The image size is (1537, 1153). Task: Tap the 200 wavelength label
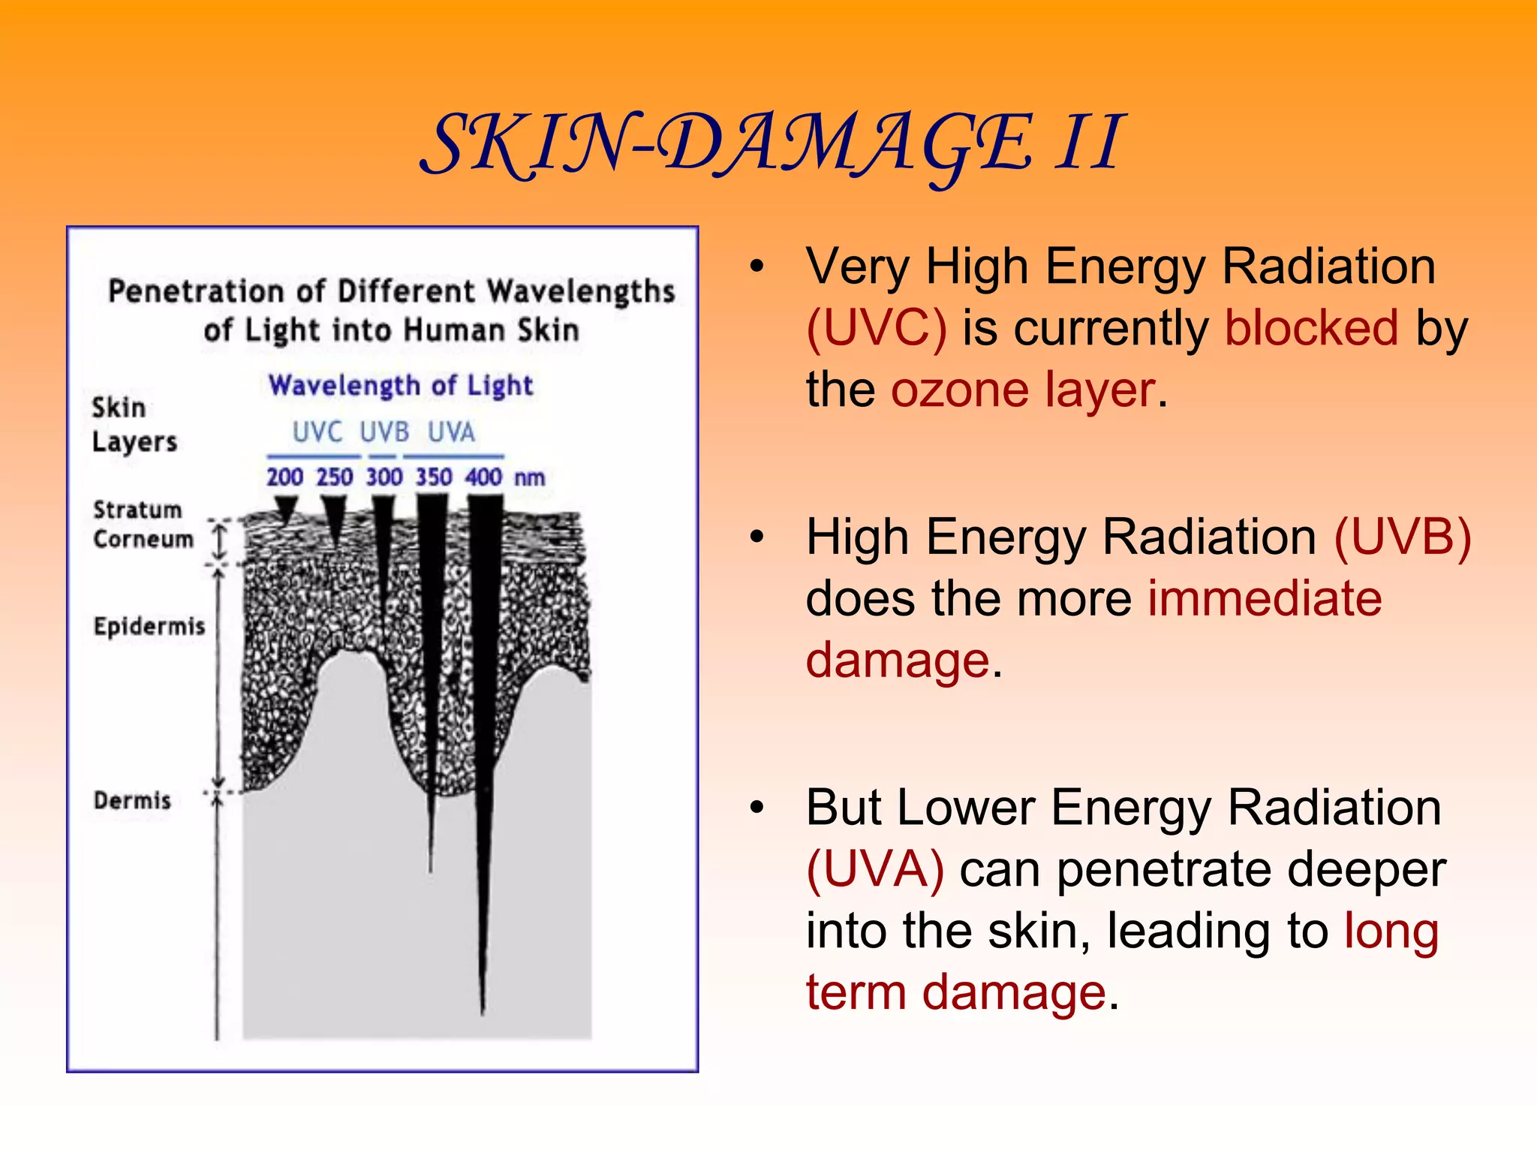click(x=285, y=477)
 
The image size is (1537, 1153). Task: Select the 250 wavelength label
click(x=335, y=477)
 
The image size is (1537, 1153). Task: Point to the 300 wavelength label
click(x=384, y=477)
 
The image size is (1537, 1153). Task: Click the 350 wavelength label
click(x=434, y=477)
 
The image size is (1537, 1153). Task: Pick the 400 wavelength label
click(x=484, y=477)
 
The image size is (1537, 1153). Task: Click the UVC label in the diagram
click(x=317, y=432)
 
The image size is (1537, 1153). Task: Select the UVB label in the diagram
click(x=384, y=432)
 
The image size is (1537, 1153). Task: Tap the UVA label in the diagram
click(x=452, y=432)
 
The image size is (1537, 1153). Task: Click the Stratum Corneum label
click(x=143, y=525)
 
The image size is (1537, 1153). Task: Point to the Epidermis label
click(x=149, y=626)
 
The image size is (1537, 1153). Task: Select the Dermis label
click(x=132, y=801)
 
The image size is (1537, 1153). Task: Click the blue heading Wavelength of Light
click(x=401, y=386)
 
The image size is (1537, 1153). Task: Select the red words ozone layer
click(x=1023, y=390)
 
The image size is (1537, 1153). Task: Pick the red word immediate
click(x=1265, y=599)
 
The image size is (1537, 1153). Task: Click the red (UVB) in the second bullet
click(x=1402, y=537)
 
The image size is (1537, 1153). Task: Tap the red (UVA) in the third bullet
click(x=875, y=870)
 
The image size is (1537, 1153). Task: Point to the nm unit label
click(x=530, y=478)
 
